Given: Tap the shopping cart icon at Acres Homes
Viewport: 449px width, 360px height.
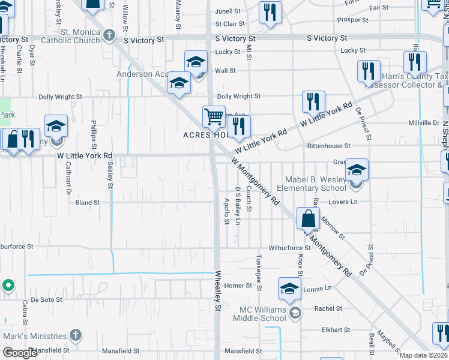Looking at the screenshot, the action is (x=214, y=117).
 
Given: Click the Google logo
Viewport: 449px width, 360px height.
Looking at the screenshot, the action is (x=20, y=353).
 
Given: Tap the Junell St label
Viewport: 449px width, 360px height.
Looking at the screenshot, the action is (x=228, y=11).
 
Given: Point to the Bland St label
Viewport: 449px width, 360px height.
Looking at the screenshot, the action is (x=87, y=203).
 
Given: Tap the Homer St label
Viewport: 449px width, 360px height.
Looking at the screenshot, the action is (x=237, y=286).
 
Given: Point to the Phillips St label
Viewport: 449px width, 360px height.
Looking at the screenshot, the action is (x=94, y=130).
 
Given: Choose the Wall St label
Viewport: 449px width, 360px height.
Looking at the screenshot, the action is (x=225, y=71).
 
